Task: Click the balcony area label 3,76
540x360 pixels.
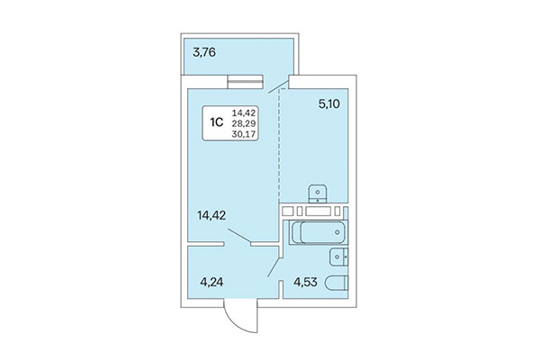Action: pos(204,53)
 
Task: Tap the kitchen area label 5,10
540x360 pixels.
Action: pos(329,103)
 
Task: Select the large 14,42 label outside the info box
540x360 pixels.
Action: pos(211,216)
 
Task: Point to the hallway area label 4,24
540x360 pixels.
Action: pos(211,283)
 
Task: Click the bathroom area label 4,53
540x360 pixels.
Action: pos(305,282)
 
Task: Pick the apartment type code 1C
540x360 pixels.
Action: pos(217,122)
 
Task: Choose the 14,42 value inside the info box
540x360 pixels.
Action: pos(244,112)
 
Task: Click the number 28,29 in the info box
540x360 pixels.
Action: pos(244,123)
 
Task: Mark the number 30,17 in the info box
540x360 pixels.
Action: pos(244,134)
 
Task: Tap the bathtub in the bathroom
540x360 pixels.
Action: pos(319,232)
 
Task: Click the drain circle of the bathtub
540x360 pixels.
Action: pos(337,232)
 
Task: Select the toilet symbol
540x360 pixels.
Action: pos(337,284)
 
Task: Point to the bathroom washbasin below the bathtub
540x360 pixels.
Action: pos(339,257)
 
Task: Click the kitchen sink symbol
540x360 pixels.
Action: pos(318,194)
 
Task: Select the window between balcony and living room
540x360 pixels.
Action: pos(246,82)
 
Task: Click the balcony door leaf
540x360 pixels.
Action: pos(278,86)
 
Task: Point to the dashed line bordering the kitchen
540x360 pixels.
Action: pos(279,146)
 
